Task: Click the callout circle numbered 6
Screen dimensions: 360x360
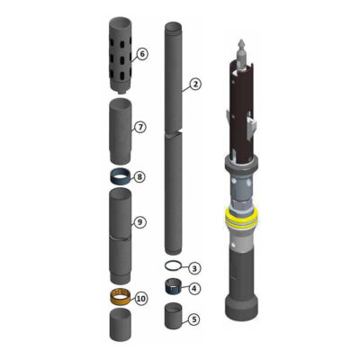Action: point(142,54)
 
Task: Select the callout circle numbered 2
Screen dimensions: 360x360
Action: point(195,84)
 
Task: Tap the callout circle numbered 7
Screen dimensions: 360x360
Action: point(140,128)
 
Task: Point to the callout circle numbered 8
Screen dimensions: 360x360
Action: point(139,177)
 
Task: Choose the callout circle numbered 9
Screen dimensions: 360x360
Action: point(139,222)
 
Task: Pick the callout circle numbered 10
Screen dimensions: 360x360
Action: point(141,299)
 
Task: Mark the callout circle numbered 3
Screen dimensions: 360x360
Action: point(194,268)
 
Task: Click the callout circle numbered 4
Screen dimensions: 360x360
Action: point(194,289)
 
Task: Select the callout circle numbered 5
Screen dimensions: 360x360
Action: point(194,319)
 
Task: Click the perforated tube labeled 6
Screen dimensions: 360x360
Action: point(120,55)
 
